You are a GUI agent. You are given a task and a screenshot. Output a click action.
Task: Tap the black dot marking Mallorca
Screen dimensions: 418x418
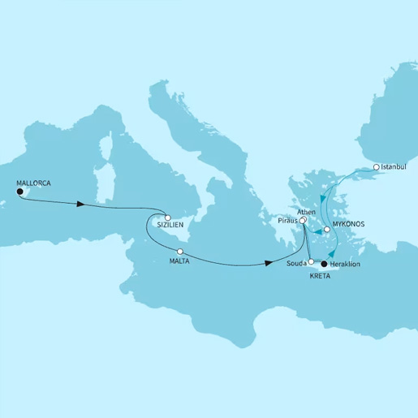[x=19, y=193]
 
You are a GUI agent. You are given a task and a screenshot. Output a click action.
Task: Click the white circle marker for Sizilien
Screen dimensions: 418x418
[x=166, y=218]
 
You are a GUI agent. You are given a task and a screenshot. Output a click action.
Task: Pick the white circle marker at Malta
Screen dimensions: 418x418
[x=179, y=252]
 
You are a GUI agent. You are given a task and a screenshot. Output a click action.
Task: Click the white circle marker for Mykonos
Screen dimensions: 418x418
[x=326, y=230]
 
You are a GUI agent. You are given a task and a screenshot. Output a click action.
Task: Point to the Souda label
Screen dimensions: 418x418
[x=297, y=263]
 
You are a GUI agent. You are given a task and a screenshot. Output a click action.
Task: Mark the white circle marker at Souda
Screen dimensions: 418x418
[x=312, y=262]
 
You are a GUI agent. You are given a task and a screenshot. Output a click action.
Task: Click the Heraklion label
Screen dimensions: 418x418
[x=349, y=265]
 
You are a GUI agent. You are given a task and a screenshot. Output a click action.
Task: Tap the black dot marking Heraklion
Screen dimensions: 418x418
[x=324, y=265]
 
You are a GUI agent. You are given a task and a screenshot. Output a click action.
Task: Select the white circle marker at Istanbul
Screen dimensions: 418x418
[x=376, y=168]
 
